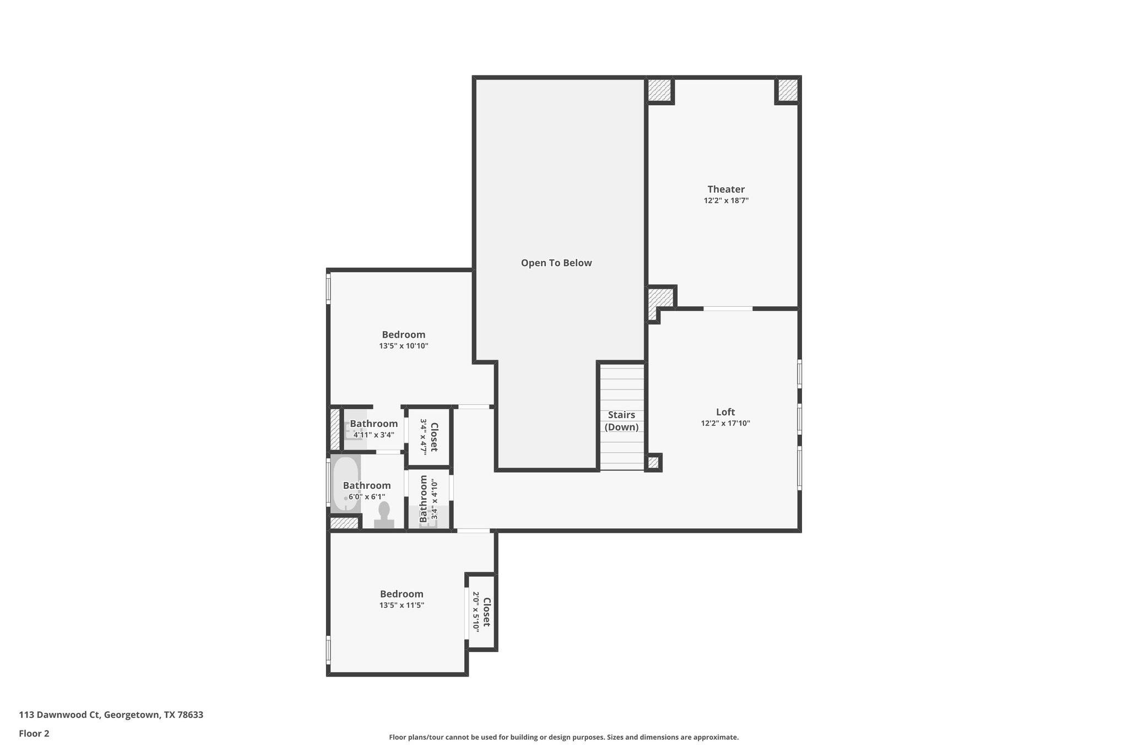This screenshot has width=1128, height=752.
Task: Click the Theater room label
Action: tap(726, 190)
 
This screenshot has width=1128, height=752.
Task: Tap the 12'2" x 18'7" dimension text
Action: tap(726, 201)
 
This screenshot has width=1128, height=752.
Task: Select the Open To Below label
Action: tap(556, 263)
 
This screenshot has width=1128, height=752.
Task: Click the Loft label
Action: tap(725, 412)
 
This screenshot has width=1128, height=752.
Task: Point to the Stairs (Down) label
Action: tap(621, 421)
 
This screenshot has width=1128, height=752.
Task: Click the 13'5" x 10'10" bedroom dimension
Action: tap(403, 347)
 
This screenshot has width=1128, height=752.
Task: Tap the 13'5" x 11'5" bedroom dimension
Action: tap(402, 605)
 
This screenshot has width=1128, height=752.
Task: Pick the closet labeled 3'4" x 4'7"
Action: tap(429, 436)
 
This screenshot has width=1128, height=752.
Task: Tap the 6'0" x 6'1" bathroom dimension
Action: tap(366, 497)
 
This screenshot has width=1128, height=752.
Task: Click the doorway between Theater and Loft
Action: tap(728, 309)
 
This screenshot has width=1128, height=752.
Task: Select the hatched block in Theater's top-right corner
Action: tap(787, 90)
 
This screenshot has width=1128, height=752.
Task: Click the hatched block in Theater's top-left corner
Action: tap(659, 90)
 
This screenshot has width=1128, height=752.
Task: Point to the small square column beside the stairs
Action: tap(653, 462)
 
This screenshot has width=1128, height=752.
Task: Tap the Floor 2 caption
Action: tap(34, 733)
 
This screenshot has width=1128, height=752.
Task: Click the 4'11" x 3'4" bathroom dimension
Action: tap(373, 435)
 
